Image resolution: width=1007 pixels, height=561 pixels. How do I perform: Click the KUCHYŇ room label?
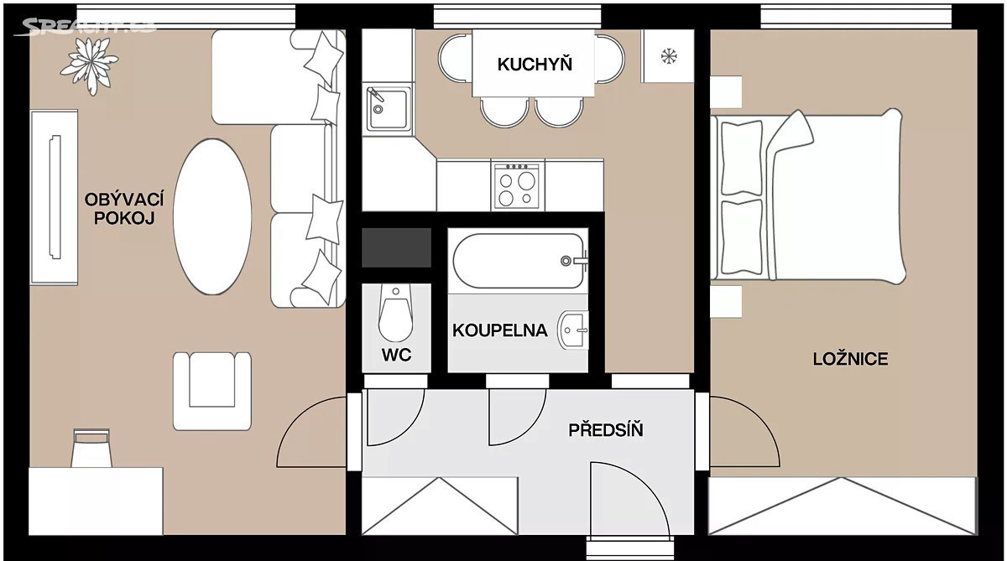click(x=535, y=64)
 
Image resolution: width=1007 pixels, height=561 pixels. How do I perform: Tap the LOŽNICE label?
click(x=851, y=359)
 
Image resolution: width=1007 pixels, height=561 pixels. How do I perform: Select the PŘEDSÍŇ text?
click(x=606, y=429)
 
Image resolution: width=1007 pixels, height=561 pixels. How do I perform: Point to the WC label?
click(x=396, y=355)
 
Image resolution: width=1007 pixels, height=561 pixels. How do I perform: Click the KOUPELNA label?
click(x=500, y=330)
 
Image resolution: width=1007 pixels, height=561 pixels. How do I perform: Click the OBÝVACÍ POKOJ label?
click(x=124, y=209)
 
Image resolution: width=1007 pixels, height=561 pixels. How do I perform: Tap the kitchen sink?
click(x=387, y=107)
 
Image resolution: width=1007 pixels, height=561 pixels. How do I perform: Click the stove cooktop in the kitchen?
click(x=517, y=186)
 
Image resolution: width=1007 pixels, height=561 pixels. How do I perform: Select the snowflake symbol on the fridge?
click(x=669, y=56)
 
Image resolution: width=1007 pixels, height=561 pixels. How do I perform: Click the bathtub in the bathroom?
click(x=519, y=261)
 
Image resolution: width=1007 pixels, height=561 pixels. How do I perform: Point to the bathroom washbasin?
click(x=573, y=330)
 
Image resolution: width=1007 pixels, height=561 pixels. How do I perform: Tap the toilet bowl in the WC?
click(x=395, y=312)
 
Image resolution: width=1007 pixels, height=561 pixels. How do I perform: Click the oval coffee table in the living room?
click(x=212, y=216)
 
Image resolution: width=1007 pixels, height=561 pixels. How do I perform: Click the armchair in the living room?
click(x=212, y=392)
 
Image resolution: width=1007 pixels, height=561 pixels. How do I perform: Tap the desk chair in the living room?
click(x=91, y=448)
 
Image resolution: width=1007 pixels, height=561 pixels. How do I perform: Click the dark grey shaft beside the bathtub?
click(x=396, y=247)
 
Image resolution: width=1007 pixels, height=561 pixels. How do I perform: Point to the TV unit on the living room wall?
click(x=54, y=197)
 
